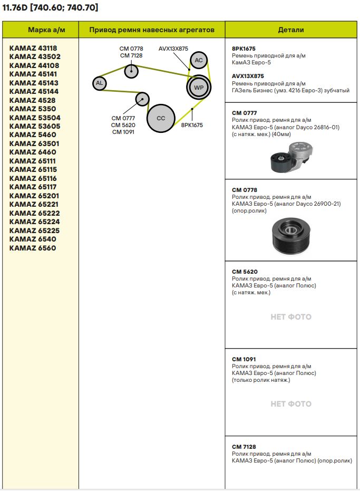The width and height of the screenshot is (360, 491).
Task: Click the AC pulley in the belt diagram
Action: click(x=199, y=60)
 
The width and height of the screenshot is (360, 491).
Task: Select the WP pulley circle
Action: click(x=199, y=87)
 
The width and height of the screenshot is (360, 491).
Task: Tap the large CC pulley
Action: click(x=161, y=118)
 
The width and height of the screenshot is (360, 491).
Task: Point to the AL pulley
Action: click(x=99, y=83)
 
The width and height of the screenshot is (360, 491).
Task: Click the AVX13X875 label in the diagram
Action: click(x=173, y=49)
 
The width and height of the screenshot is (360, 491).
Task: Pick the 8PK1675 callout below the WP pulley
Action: click(x=192, y=126)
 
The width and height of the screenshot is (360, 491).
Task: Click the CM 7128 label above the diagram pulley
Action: click(x=131, y=55)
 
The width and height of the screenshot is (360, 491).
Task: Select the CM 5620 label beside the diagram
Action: click(x=123, y=125)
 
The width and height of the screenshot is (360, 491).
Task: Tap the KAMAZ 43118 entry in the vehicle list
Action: click(x=33, y=48)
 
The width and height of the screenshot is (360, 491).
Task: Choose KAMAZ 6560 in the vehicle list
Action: click(x=33, y=248)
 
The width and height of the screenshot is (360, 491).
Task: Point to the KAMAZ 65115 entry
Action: click(x=33, y=169)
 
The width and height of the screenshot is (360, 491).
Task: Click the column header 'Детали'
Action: click(x=291, y=30)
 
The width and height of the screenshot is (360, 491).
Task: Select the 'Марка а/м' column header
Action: click(x=41, y=30)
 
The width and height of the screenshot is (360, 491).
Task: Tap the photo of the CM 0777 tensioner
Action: click(x=291, y=158)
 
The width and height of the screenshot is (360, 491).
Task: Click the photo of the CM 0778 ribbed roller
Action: click(x=291, y=235)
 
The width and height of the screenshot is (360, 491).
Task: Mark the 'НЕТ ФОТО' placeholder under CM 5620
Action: click(x=291, y=317)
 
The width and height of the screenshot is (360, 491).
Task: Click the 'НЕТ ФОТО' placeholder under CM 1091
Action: click(x=291, y=404)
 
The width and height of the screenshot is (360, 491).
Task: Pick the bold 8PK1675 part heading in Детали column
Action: click(x=244, y=49)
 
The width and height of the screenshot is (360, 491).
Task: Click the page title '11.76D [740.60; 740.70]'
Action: click(x=51, y=7)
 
